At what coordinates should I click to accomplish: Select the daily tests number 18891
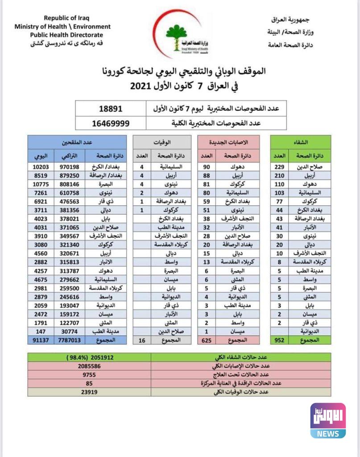(111, 108)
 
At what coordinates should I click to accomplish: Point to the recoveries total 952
(279, 340)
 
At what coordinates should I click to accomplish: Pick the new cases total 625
(207, 340)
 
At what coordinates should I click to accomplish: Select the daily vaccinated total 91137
(41, 340)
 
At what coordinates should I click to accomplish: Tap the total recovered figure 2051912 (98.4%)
(89, 357)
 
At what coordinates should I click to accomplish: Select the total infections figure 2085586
(89, 366)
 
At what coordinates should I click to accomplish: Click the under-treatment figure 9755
(89, 374)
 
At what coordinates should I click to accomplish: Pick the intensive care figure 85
(89, 383)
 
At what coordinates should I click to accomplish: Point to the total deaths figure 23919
(89, 392)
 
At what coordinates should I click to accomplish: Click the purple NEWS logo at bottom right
(328, 420)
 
